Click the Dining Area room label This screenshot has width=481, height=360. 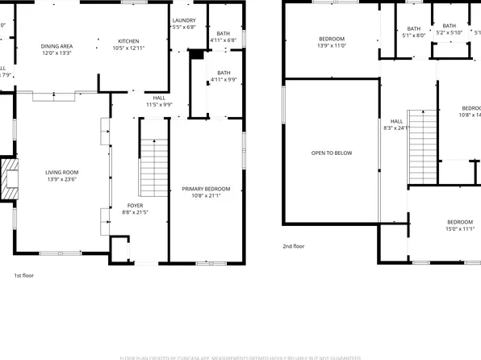pyautogui.click(x=56, y=47)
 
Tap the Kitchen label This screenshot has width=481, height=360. pyautogui.click(x=128, y=41)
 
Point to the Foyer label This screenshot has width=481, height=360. pyautogui.click(x=135, y=205)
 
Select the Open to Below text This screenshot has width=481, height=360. pyautogui.click(x=332, y=153)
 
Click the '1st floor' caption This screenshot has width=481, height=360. pyautogui.click(x=23, y=275)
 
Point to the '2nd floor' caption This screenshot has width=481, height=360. pyautogui.click(x=293, y=246)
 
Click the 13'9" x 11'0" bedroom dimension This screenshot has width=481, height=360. pyautogui.click(x=331, y=47)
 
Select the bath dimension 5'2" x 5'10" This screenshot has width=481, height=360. pyautogui.click(x=449, y=34)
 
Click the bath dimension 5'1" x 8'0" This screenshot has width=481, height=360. pyautogui.click(x=413, y=36)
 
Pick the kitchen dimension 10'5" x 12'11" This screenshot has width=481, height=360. pyautogui.click(x=128, y=48)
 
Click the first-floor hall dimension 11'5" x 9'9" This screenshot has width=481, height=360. pyautogui.click(x=159, y=104)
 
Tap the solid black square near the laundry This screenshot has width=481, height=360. pyautogui.click(x=195, y=54)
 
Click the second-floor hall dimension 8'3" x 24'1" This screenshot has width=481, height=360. pyautogui.click(x=396, y=128)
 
